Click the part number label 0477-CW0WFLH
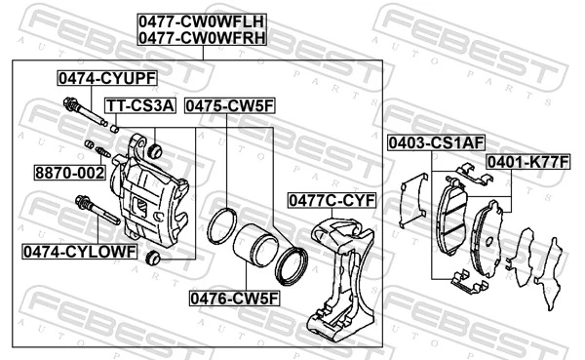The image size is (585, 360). tap(202, 21)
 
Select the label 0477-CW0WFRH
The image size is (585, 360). tap(202, 38)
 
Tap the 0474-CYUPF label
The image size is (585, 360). tap(107, 78)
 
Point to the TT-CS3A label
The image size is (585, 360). tap(140, 105)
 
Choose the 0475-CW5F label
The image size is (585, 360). tap(230, 105)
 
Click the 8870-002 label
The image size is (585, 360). tap(70, 173)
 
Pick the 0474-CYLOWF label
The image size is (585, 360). tap(80, 252)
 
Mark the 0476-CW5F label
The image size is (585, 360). tap(235, 299)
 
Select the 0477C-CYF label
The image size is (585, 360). tap(332, 201)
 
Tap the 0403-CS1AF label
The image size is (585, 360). tap(436, 142)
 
